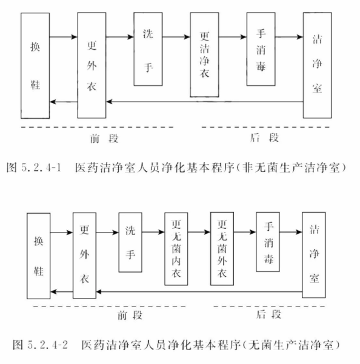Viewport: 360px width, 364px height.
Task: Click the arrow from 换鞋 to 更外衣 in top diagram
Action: click(63, 37)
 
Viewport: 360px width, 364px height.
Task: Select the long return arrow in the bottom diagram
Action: click(199, 291)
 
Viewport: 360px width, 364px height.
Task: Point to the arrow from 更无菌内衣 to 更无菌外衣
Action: click(199, 232)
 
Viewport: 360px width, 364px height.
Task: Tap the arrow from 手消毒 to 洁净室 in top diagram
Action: click(289, 37)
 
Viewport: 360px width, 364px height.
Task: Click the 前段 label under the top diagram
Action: click(104, 139)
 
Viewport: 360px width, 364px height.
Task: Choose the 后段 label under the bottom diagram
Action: click(268, 315)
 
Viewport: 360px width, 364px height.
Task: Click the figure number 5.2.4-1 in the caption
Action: click(41, 167)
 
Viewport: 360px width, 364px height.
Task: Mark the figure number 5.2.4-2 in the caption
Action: click(48, 345)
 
